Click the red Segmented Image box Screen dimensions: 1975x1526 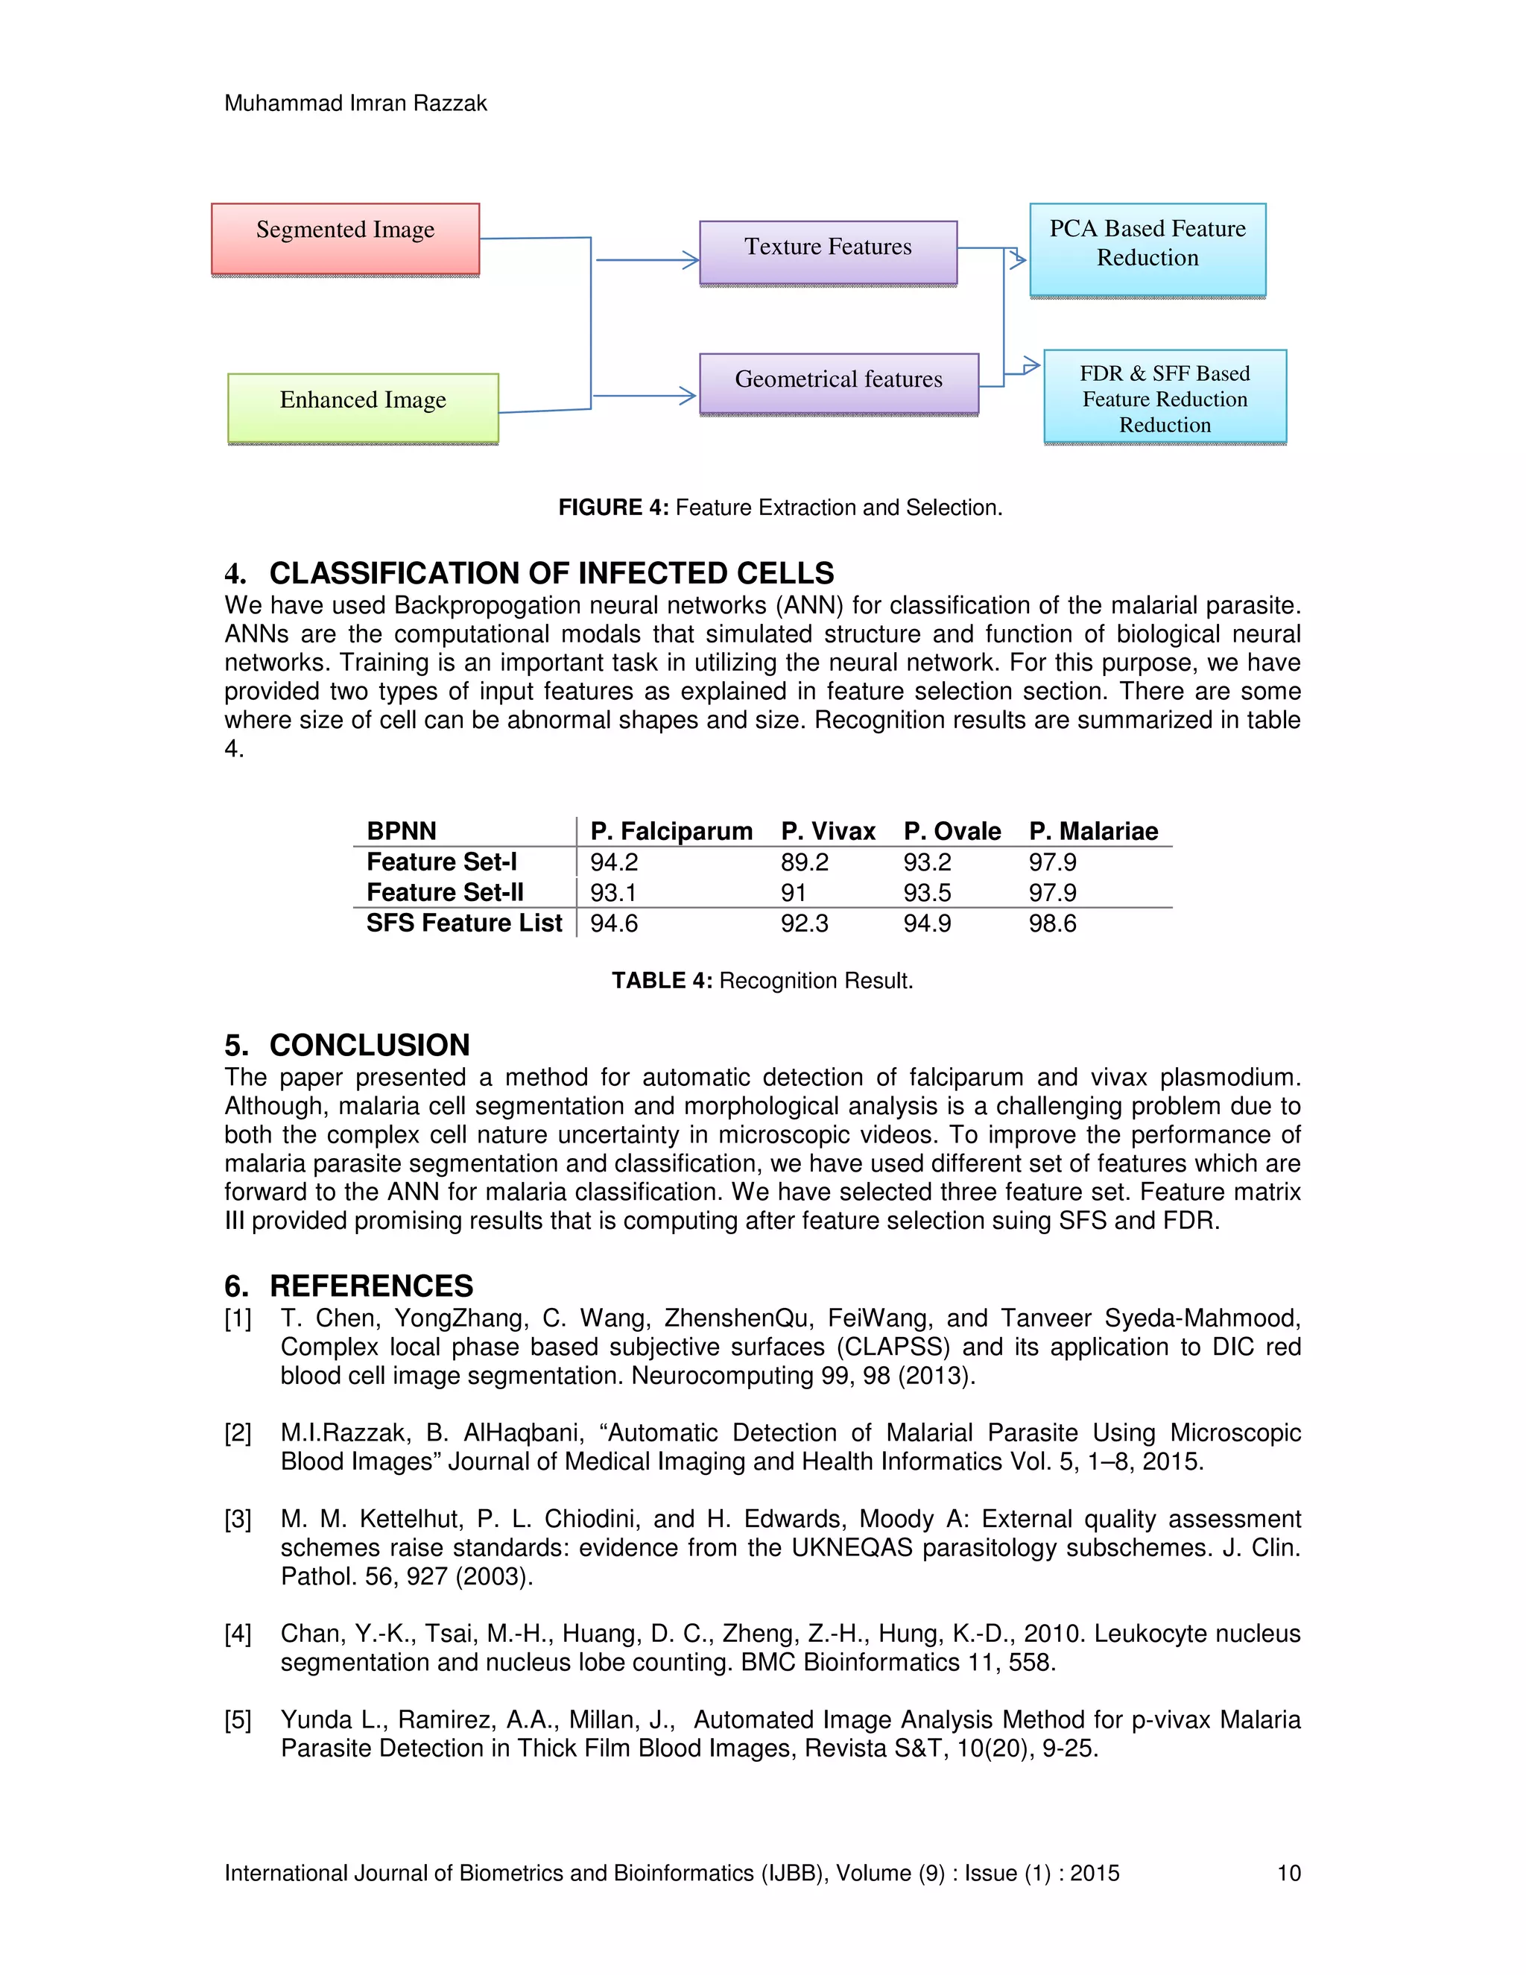(344, 238)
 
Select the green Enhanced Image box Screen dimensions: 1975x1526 (363, 408)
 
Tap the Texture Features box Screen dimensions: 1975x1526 (827, 253)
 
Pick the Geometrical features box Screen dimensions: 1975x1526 (838, 383)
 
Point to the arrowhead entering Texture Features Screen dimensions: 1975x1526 (691, 260)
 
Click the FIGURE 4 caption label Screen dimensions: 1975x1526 (613, 508)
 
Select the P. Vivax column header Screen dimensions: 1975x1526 (827, 831)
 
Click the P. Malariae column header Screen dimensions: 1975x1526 (1092, 831)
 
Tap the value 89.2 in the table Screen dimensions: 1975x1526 (804, 862)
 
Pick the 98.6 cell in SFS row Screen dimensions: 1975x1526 (1051, 923)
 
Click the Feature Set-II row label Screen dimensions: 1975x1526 (445, 893)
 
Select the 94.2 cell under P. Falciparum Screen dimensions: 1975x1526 (614, 862)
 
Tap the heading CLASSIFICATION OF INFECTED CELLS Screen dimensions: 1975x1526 (551, 572)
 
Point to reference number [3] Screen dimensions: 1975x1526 (238, 1519)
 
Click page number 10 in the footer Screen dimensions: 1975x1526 (1288, 1873)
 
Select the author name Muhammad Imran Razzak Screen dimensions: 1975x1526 (355, 103)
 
